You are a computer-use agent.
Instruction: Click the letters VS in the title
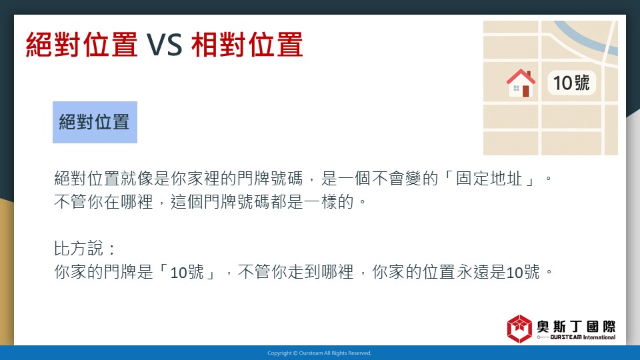tap(165, 45)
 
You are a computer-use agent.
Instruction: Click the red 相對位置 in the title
tap(247, 45)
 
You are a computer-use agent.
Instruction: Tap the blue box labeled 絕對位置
tap(95, 122)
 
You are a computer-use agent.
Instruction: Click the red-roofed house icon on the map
tap(521, 83)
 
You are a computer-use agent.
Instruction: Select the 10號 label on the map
tap(571, 83)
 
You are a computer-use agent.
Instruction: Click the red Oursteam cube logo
tap(519, 329)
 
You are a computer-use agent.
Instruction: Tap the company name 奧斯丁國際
tap(576, 326)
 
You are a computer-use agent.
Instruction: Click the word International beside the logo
tap(599, 337)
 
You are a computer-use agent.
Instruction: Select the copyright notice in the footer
tap(319, 353)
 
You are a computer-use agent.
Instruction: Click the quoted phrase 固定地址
tap(489, 179)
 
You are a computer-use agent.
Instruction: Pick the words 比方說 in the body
tap(79, 248)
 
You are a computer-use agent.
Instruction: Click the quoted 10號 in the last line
tap(187, 272)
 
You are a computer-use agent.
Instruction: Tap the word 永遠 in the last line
tap(473, 272)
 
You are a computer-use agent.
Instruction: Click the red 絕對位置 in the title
tap(81, 45)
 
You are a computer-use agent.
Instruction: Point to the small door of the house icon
tap(526, 91)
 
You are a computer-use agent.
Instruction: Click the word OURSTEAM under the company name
tap(566, 337)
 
